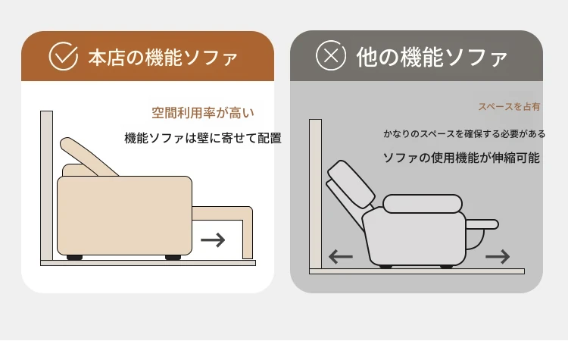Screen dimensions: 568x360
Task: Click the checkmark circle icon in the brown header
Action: coord(64,56)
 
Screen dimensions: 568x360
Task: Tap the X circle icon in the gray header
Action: coord(331,55)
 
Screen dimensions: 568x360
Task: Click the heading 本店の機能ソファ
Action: coord(163,58)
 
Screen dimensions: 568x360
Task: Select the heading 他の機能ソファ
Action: coord(432,57)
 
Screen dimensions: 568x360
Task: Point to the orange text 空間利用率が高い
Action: coord(203,113)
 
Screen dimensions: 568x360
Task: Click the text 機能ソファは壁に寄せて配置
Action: coord(203,138)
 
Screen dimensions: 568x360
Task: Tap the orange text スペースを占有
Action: coord(509,107)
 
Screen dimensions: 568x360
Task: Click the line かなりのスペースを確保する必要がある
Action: coord(464,134)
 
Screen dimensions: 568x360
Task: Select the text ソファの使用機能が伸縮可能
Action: coord(461,158)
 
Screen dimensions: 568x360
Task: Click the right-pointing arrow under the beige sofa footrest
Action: coord(213,240)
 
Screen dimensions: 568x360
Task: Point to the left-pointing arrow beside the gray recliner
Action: coord(341,257)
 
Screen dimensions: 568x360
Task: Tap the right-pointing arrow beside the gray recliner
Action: coord(498,257)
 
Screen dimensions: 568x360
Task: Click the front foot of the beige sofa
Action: coord(173,258)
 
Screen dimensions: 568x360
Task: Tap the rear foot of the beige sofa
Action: coord(75,258)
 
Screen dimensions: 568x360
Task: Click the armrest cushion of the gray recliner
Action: coord(423,203)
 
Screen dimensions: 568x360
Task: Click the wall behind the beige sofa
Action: coord(47,185)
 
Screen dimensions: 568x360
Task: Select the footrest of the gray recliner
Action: coord(482,224)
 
